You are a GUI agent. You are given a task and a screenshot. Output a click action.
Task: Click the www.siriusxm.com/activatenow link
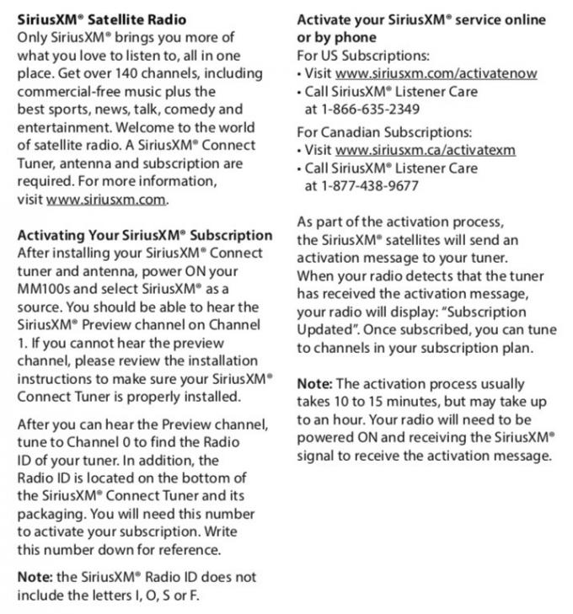tap(436, 73)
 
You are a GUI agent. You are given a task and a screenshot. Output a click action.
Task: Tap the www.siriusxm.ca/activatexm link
tap(425, 150)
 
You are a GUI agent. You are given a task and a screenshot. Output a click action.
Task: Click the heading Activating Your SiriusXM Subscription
tap(145, 235)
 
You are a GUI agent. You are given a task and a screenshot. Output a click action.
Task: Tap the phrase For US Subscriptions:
tap(362, 56)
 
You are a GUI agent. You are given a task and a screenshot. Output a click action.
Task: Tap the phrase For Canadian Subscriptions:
tap(384, 132)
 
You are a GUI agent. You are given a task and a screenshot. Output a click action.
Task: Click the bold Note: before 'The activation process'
tap(314, 383)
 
